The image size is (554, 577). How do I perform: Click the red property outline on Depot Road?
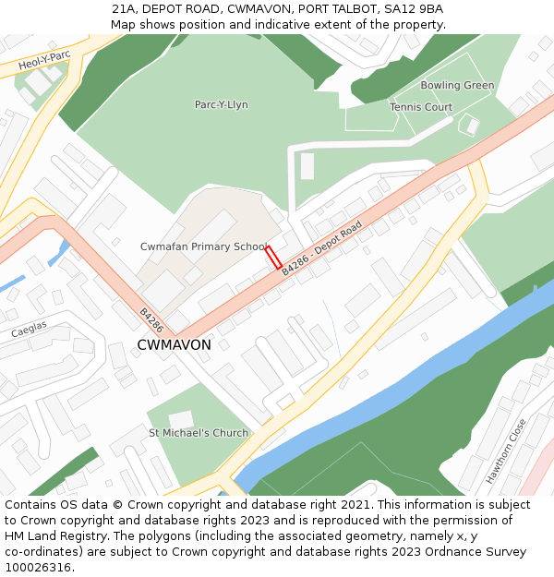tap(273, 258)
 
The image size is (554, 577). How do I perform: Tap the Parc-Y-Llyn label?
tap(221, 105)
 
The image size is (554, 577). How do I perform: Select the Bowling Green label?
tap(457, 86)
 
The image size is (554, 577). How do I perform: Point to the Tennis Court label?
tap(421, 107)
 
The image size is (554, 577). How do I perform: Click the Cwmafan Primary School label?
tap(203, 246)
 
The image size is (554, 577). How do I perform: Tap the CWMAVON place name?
tap(174, 345)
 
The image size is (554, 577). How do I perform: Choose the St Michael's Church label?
tap(199, 433)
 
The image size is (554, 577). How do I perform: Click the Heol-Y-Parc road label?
tap(44, 62)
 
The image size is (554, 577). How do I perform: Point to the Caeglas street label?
tap(28, 331)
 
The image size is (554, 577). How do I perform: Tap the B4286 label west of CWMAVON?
tap(151, 319)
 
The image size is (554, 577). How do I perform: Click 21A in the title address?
tap(124, 8)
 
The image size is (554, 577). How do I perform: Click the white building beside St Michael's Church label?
tap(181, 420)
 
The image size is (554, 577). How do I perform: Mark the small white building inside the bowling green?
tap(471, 125)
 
